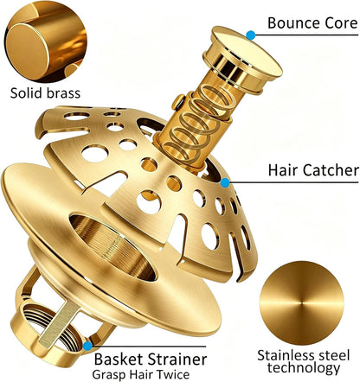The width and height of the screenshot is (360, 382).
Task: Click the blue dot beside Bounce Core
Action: click(251, 35)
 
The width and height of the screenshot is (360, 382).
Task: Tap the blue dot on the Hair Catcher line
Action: click(225, 182)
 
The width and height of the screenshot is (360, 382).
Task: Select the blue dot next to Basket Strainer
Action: click(87, 346)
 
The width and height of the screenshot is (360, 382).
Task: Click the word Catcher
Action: click(331, 170)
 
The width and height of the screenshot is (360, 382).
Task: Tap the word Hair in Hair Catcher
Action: click(284, 170)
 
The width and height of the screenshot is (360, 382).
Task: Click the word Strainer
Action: click(177, 360)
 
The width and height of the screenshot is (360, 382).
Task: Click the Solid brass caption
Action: click(45, 93)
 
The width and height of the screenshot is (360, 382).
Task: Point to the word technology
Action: click(304, 368)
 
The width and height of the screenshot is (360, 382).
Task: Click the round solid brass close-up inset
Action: click(46, 41)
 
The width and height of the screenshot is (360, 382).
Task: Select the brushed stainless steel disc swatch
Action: click(302, 303)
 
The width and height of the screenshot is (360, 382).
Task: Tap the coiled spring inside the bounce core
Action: click(199, 121)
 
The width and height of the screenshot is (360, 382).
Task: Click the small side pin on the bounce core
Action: click(178, 102)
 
